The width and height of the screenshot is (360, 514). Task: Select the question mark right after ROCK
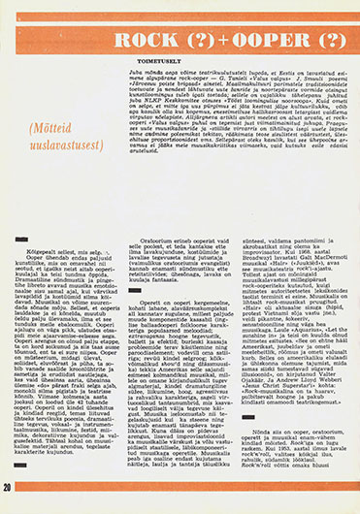tap(190, 40)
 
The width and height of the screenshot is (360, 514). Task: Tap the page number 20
tap(8, 485)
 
